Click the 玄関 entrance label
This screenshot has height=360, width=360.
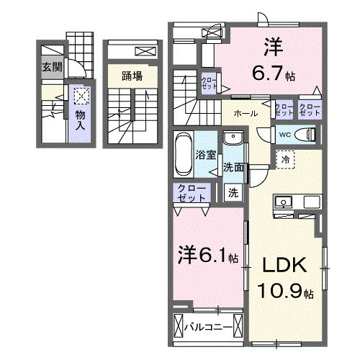click(x=52, y=68)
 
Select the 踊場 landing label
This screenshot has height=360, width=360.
click(x=131, y=75)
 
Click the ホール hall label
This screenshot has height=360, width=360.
click(x=246, y=113)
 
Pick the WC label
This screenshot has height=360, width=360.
click(x=284, y=133)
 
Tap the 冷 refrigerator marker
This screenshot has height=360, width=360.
click(x=286, y=158)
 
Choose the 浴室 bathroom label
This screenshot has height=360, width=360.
click(x=206, y=155)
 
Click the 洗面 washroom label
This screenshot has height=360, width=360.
click(x=233, y=167)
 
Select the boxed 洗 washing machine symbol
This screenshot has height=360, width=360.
click(x=233, y=192)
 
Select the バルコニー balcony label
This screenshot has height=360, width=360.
click(x=207, y=328)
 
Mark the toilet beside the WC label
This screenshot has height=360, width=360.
click(x=307, y=135)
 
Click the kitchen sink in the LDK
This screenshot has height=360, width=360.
click(x=282, y=202)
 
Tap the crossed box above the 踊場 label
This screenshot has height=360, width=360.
click(x=144, y=52)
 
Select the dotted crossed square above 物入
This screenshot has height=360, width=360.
click(x=81, y=95)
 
